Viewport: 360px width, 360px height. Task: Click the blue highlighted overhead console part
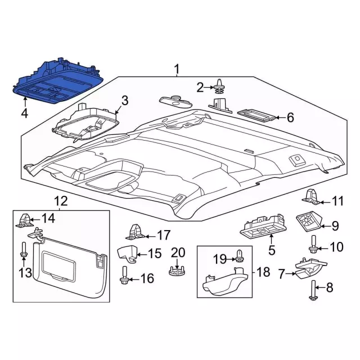click(56, 82)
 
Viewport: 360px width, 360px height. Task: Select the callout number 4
click(24, 114)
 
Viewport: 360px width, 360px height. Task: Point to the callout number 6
click(290, 118)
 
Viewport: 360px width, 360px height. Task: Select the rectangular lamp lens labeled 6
click(256, 115)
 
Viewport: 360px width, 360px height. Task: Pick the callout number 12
click(60, 201)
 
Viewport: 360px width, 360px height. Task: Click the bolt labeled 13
click(23, 252)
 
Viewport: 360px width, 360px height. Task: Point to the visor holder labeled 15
click(129, 253)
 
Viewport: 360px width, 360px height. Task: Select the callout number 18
click(263, 272)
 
